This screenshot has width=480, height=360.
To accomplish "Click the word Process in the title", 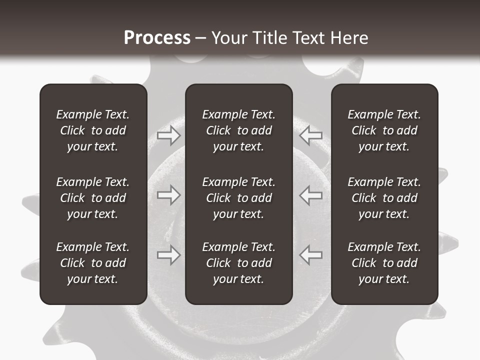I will click(x=157, y=38).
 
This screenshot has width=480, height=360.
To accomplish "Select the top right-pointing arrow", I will click(x=169, y=135).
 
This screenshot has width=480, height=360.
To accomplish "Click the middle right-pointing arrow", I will click(x=169, y=195).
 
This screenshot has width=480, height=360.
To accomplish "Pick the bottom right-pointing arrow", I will click(x=169, y=255).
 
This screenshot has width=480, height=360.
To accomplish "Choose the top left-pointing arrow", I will click(x=311, y=135).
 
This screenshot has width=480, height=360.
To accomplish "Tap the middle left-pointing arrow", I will click(x=311, y=195).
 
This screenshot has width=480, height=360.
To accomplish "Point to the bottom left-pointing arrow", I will click(x=311, y=255).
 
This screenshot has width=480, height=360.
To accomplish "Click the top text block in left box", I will click(x=93, y=130).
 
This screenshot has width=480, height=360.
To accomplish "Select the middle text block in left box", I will click(x=93, y=198).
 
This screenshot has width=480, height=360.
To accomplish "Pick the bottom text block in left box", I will click(x=93, y=263).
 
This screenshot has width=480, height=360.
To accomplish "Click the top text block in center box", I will click(x=238, y=130).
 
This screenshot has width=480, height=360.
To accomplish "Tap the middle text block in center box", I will click(x=238, y=198).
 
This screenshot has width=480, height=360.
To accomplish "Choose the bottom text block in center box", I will click(x=238, y=263).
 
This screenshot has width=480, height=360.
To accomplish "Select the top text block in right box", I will click(x=384, y=130).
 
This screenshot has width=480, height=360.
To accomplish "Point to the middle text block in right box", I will click(x=384, y=198).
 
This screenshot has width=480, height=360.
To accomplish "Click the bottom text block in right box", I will click(x=384, y=263).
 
